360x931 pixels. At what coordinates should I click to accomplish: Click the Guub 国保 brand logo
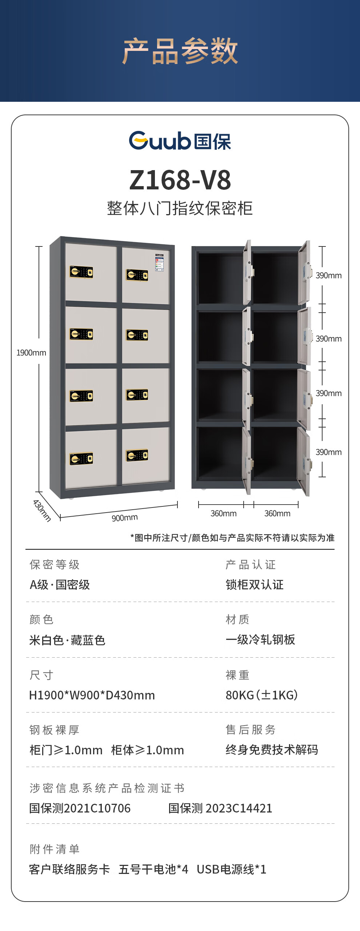[180, 141]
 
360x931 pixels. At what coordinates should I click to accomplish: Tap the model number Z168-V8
[180, 180]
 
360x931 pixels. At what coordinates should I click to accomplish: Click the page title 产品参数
[180, 51]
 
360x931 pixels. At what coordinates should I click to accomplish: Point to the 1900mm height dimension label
[31, 353]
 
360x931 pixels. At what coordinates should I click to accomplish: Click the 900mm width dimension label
[125, 518]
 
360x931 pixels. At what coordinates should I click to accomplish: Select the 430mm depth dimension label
[42, 510]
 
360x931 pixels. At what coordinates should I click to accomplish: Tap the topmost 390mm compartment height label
[329, 276]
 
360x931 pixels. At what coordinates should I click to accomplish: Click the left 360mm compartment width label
[224, 513]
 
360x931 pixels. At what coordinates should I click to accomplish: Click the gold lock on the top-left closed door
[81, 272]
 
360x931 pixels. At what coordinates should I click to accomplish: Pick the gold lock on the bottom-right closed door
[137, 455]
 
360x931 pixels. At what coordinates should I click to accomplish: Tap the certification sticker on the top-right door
[159, 262]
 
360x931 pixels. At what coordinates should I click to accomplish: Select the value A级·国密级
[60, 585]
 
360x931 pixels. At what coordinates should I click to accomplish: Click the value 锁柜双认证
[255, 585]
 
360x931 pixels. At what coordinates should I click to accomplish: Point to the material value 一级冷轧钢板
[260, 639]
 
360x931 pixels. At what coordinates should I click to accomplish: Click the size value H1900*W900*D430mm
[92, 695]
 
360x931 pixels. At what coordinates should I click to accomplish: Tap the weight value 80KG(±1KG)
[262, 695]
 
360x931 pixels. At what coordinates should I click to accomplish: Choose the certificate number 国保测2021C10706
[80, 808]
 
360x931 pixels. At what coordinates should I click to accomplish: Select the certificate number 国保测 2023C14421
[220, 808]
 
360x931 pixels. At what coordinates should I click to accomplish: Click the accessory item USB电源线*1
[232, 869]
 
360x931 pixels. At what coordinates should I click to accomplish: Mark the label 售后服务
[251, 730]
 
